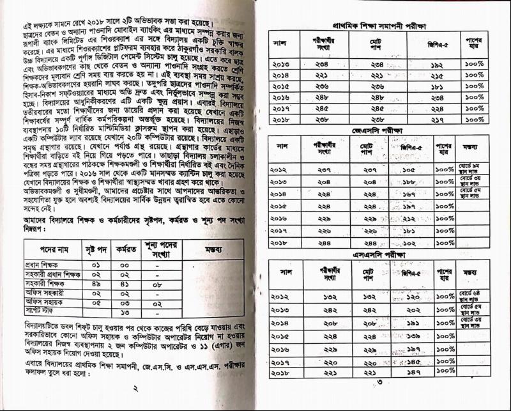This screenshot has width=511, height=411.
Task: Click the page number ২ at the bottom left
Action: (x=135, y=388)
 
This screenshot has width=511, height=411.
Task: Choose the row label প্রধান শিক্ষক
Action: (x=43, y=264)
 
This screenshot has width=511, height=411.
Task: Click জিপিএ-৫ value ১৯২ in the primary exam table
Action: (x=436, y=65)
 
